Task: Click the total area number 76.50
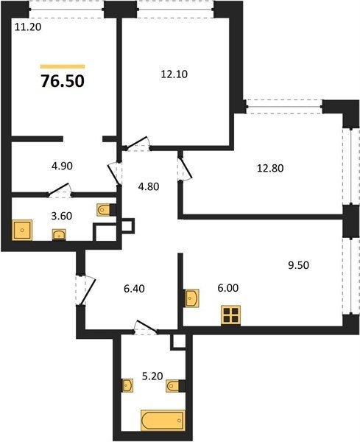[x=63, y=81]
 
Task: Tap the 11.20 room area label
[x=28, y=27]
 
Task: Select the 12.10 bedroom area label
[x=174, y=74]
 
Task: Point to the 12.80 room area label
[x=270, y=168]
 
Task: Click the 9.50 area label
[x=299, y=265]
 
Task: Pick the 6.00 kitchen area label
[x=228, y=288]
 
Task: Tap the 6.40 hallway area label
[x=135, y=289]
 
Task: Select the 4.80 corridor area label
[x=149, y=186]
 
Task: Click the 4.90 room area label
[x=62, y=166]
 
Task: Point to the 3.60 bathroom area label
[x=62, y=216]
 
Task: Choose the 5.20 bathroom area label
[x=152, y=376]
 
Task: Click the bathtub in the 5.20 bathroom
[x=163, y=421]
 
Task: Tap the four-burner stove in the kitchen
[x=230, y=315]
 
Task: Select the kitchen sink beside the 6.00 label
[x=191, y=298]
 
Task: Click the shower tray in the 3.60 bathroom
[x=22, y=231]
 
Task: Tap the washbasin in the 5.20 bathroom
[x=127, y=385]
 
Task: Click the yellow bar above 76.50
[x=63, y=66]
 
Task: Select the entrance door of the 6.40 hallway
[x=86, y=290]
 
